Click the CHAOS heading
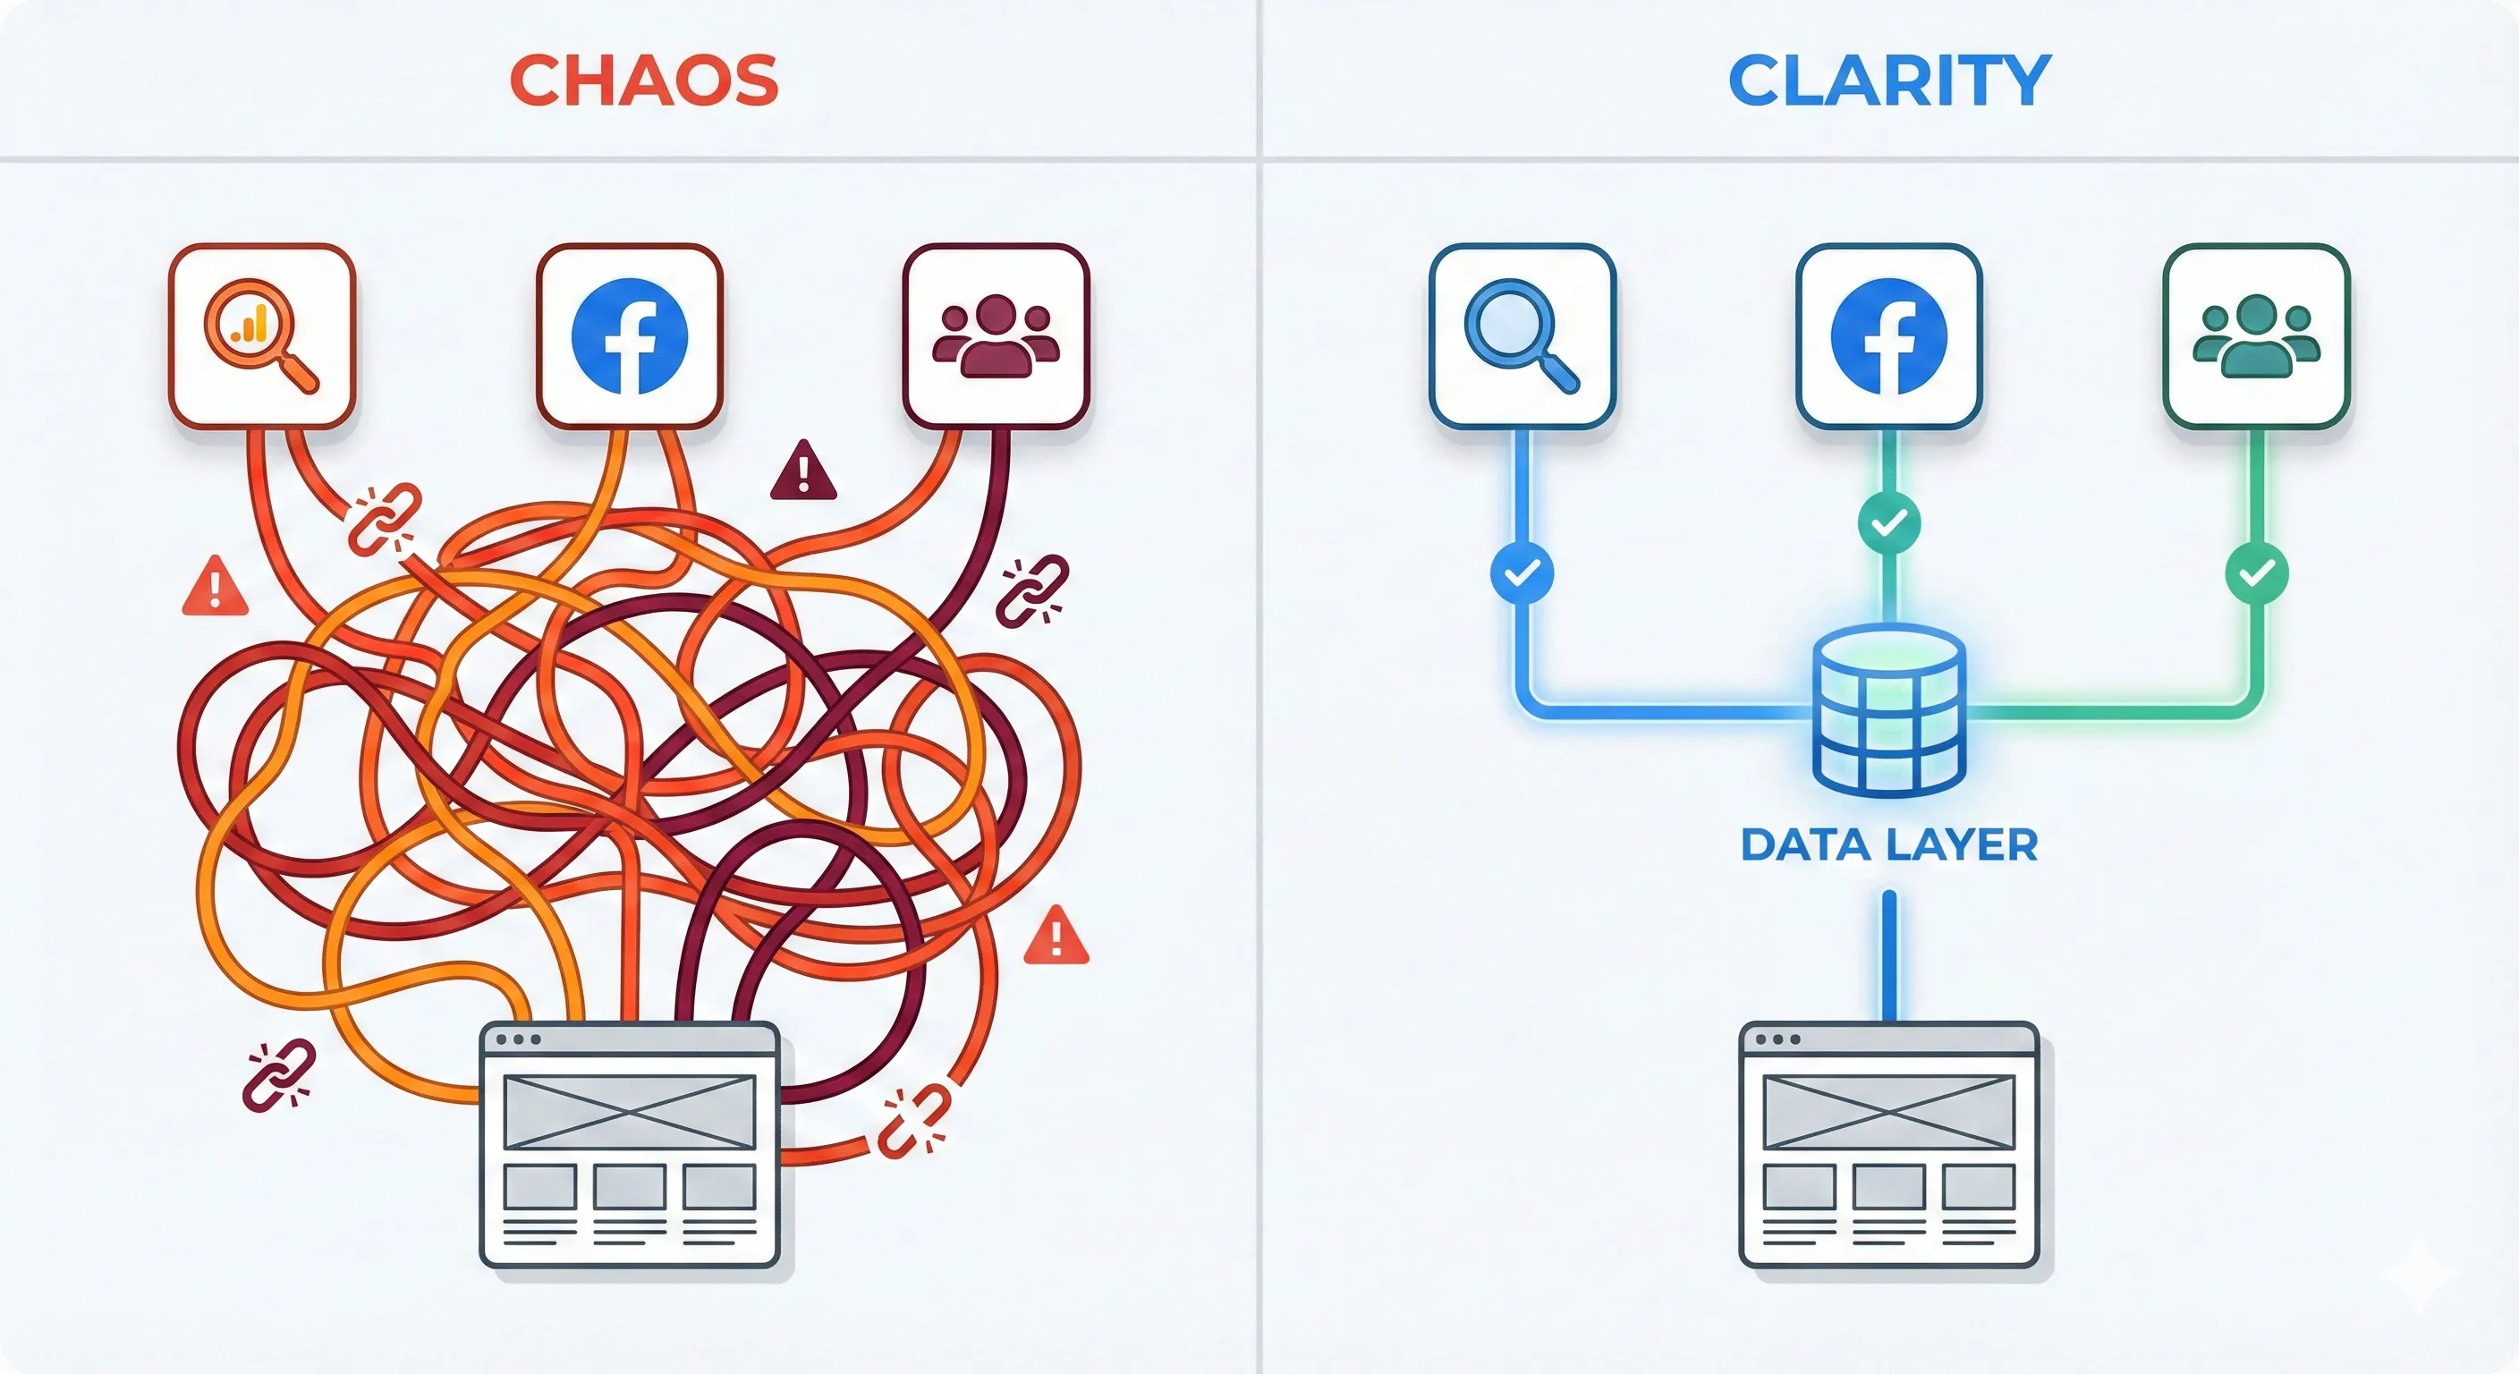click(643, 81)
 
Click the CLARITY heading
click(1888, 81)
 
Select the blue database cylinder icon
click(1888, 711)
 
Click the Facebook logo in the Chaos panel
click(629, 335)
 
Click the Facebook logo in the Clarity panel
click(1888, 335)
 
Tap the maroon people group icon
click(996, 335)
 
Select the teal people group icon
click(2256, 335)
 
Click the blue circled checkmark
click(1522, 572)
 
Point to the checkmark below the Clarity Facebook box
click(1888, 523)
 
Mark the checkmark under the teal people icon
click(2256, 572)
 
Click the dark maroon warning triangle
click(802, 472)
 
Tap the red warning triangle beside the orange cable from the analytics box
click(215, 588)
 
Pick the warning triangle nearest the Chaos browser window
click(1056, 937)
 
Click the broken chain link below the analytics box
click(385, 520)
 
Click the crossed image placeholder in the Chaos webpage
click(630, 1111)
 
